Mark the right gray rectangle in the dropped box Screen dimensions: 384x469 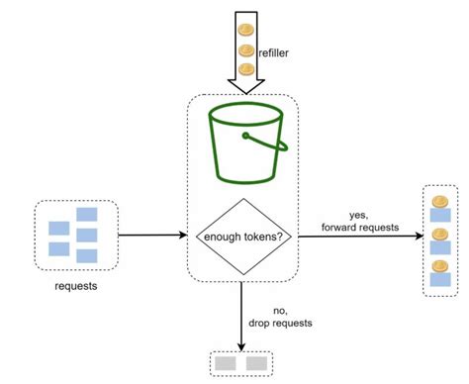coord(256,363)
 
